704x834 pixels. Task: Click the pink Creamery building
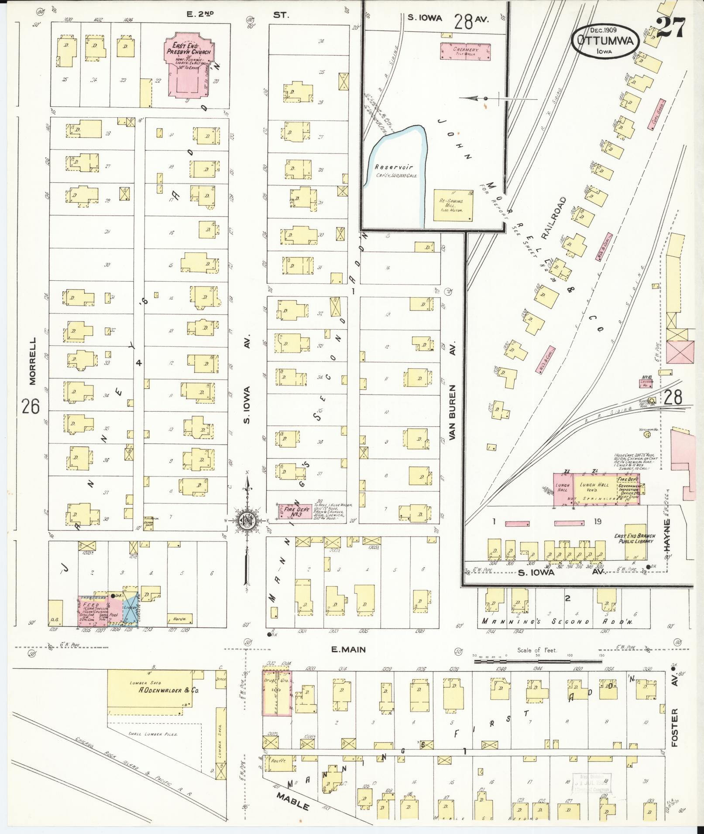[466, 51]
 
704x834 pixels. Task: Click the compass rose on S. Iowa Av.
[247, 520]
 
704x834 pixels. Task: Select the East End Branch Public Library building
[635, 543]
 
